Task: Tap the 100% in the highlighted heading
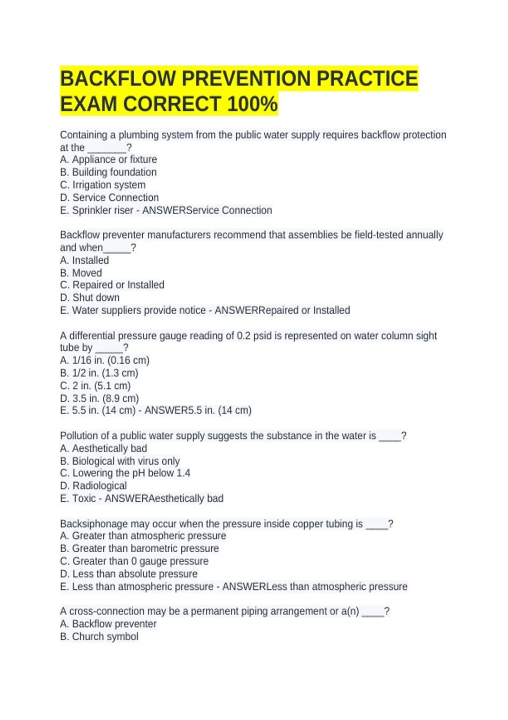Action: coord(252,104)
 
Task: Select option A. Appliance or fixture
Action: coord(108,160)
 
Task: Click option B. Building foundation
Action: coord(108,172)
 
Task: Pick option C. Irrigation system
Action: coord(103,185)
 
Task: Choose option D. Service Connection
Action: coord(109,198)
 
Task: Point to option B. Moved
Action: coord(81,273)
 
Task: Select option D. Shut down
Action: coord(90,298)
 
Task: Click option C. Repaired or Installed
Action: coord(112,285)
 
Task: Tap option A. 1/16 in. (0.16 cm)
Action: coord(105,360)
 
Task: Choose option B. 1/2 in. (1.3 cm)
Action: coord(99,373)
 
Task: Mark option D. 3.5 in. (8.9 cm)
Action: coord(99,399)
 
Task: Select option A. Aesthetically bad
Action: coord(104,449)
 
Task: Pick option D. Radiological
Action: coord(93,486)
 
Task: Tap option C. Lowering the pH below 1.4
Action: coord(125,473)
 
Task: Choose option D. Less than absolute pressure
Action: coord(129,574)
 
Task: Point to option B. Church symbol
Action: coord(99,637)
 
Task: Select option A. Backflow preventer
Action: coord(108,624)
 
